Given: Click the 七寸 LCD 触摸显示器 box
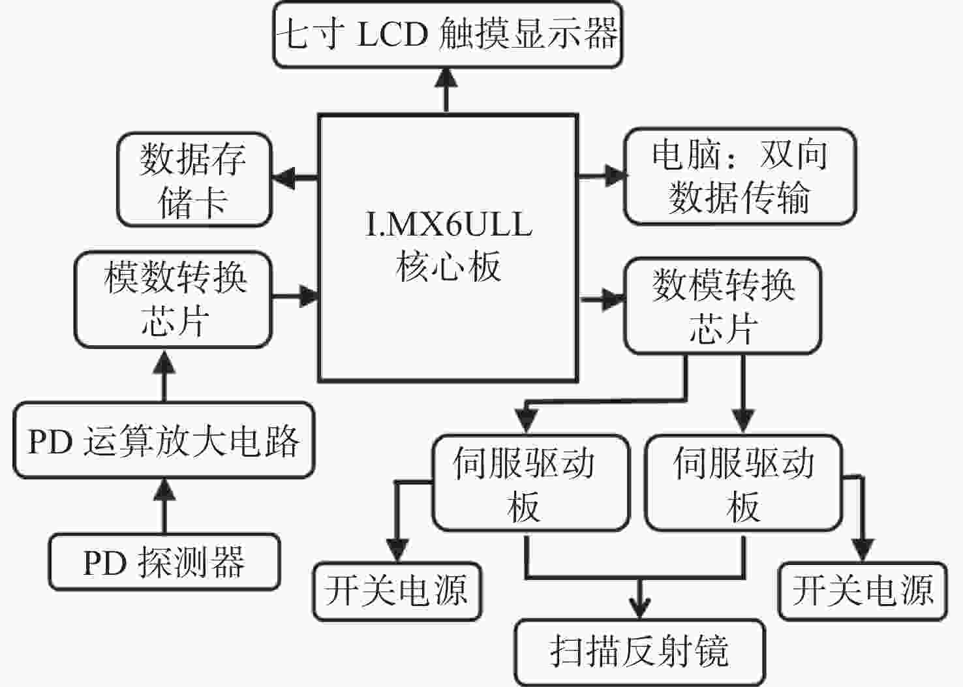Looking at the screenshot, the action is click(x=448, y=35).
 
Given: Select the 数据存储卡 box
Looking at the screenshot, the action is click(x=194, y=179).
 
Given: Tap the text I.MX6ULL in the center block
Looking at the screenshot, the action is click(x=448, y=224).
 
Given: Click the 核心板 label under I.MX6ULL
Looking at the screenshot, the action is click(x=448, y=267).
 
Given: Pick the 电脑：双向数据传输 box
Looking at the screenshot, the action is click(x=739, y=176).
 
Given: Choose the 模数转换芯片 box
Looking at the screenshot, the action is click(x=174, y=299).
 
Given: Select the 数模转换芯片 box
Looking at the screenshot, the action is click(x=722, y=306).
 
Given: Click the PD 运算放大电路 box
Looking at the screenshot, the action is click(x=164, y=440).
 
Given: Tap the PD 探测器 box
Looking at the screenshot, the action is click(x=164, y=562).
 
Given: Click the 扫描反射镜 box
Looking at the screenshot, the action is click(x=639, y=652).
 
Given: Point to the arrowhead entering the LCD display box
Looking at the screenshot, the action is click(x=446, y=78).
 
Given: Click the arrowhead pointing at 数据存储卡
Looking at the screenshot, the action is click(x=284, y=177).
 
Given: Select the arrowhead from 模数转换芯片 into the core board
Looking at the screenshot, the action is click(x=309, y=296).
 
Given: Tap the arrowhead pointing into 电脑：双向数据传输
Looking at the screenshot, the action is click(x=615, y=176).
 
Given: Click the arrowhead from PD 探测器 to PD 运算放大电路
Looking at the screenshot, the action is click(x=164, y=490).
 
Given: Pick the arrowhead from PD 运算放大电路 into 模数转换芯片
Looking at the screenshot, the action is click(x=164, y=361).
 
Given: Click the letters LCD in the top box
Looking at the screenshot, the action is click(x=392, y=35).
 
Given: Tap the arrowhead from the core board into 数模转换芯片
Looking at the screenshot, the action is click(x=613, y=299).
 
